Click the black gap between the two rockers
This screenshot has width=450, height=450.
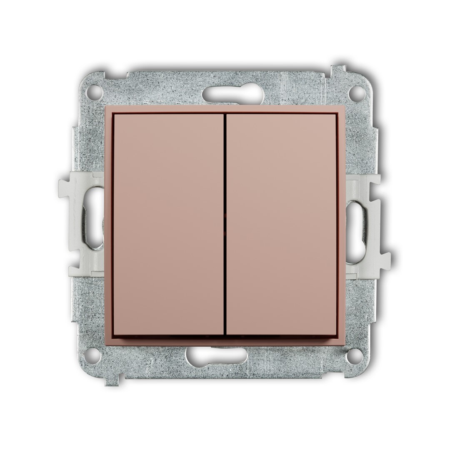pyautogui.click(x=225, y=225)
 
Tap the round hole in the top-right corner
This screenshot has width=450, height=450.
pyautogui.click(x=357, y=92)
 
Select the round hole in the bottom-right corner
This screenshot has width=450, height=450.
pyautogui.click(x=355, y=355)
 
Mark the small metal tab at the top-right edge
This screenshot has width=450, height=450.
pyautogui.click(x=338, y=71)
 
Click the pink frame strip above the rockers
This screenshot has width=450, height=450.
pyautogui.click(x=225, y=109)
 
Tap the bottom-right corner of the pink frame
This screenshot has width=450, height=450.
pyautogui.click(x=343, y=342)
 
